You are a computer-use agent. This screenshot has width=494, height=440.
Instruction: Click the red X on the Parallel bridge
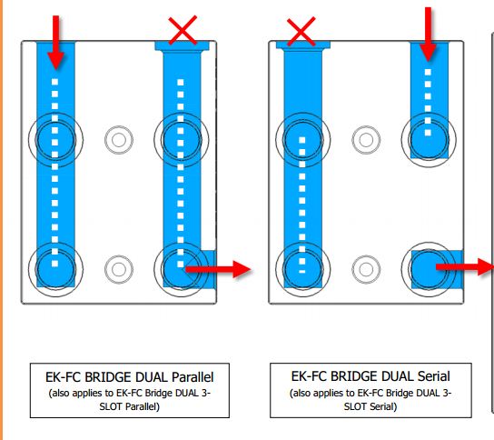point(183,30)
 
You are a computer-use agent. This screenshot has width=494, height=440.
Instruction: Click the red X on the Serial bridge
point(301,32)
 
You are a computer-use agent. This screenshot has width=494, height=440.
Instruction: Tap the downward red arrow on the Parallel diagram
point(55,42)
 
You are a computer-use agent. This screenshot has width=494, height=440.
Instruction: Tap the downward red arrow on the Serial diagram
point(428,34)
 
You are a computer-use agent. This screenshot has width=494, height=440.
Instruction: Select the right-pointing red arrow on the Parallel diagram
point(218,269)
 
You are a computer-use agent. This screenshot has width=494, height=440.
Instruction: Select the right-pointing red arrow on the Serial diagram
point(465,267)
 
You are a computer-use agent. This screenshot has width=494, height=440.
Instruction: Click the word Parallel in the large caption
point(193,377)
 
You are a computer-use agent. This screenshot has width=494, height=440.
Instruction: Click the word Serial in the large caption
point(433,376)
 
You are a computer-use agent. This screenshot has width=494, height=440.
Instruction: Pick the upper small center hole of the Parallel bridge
point(119,140)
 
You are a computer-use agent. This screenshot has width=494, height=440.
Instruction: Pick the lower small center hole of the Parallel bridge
point(119,269)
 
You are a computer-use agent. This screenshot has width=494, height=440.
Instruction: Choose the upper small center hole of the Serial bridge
point(366,140)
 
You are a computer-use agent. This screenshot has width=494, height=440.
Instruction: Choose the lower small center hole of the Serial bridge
point(366,269)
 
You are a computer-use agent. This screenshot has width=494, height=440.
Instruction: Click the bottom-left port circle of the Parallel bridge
point(55,269)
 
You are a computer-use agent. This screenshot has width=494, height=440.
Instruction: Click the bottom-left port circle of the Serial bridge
point(303,269)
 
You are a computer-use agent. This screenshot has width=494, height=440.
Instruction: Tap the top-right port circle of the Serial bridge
point(429,139)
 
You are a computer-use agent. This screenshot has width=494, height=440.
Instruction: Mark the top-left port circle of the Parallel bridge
point(55,140)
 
